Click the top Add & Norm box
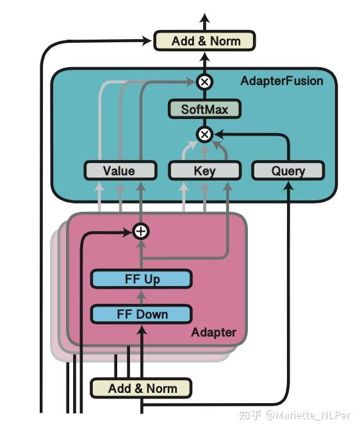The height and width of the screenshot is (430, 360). (x=204, y=41)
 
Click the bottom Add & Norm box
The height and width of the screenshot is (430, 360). (x=141, y=388)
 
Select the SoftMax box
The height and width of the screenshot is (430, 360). (x=204, y=109)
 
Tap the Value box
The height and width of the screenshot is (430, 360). (x=120, y=170)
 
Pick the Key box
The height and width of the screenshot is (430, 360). (x=204, y=170)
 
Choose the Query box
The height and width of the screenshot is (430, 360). (x=288, y=170)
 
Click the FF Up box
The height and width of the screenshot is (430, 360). (x=141, y=279)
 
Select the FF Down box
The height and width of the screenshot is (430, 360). (x=141, y=314)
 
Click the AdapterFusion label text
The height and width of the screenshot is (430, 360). (x=281, y=81)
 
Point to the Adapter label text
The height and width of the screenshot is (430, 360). (x=213, y=332)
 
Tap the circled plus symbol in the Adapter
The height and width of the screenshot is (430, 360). (x=140, y=231)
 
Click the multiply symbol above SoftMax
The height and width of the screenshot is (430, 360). (x=204, y=81)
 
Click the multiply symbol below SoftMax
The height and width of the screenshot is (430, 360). (x=204, y=134)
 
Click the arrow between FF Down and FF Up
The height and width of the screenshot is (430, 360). (x=141, y=297)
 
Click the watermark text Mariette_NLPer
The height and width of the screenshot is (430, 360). (x=311, y=417)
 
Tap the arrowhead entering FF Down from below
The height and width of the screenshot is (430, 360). (x=141, y=329)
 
